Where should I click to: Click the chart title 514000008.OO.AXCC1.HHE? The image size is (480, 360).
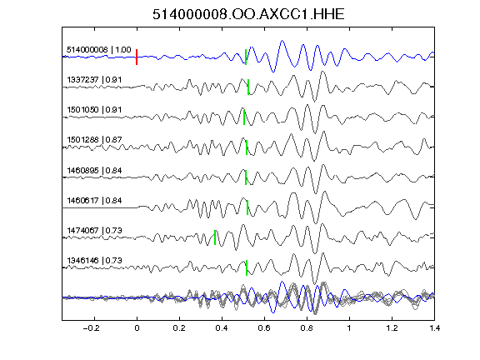point(248,14)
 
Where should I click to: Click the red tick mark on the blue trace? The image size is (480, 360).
point(137,57)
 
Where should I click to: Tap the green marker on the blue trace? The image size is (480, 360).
point(246,57)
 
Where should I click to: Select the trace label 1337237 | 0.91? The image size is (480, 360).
point(94,80)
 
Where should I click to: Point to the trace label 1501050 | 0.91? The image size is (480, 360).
point(94,110)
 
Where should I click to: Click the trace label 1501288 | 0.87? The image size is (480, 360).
point(94,140)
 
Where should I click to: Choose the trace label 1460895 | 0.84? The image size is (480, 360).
point(94,170)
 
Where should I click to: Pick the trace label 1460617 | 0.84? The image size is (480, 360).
point(94,201)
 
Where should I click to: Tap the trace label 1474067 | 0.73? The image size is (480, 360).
point(94,230)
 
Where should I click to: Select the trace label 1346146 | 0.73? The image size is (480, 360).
point(94,260)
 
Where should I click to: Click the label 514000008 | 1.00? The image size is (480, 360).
point(99,50)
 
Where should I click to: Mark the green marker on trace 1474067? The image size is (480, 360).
point(215,237)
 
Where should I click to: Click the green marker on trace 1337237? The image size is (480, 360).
point(248,87)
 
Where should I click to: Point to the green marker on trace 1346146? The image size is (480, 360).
point(247,267)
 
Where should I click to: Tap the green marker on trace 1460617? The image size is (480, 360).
point(247,207)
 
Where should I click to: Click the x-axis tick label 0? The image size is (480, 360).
point(137,328)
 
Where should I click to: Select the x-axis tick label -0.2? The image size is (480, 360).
point(91,328)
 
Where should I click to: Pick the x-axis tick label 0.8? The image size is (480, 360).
point(307,328)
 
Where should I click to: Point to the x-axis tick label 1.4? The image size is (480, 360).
point(434,328)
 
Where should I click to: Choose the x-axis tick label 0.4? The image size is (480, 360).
point(222,328)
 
